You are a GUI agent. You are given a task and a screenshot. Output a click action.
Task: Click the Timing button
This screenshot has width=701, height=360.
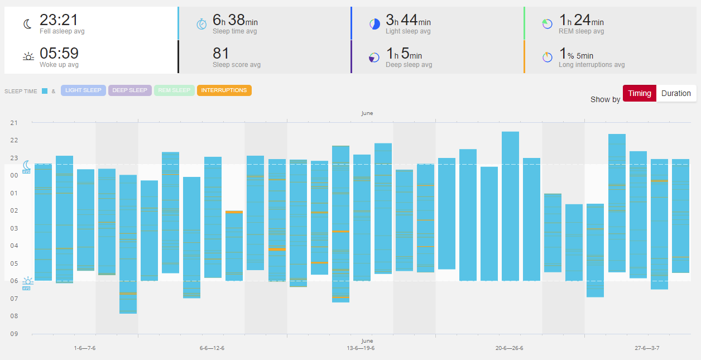pos(640,93)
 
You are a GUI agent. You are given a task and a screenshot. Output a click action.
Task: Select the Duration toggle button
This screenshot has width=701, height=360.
pos(676,93)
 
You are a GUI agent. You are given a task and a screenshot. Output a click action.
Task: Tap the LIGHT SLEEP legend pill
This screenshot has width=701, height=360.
pos(83,90)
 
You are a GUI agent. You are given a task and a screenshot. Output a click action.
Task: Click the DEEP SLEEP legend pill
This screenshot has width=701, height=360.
pos(130,90)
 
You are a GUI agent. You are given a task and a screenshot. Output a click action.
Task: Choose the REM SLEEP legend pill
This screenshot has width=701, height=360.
pos(174,90)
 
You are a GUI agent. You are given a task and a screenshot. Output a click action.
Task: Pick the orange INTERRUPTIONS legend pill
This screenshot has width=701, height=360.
pos(224,90)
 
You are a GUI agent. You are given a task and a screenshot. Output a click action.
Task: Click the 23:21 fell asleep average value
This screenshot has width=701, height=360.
pos(59,21)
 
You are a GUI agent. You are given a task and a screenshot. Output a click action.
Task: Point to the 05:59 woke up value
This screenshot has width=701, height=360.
pos(59,54)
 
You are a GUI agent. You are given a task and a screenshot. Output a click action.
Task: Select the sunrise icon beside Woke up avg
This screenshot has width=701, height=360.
pos(28,57)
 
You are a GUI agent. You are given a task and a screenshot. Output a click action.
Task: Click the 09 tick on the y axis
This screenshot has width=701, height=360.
pos(14,334)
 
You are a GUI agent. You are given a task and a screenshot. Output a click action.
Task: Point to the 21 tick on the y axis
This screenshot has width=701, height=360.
pos(14,123)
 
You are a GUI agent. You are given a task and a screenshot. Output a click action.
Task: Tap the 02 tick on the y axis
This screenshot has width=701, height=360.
pos(14,210)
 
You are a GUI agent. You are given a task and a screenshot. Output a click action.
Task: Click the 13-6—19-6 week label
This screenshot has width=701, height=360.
pos(361,348)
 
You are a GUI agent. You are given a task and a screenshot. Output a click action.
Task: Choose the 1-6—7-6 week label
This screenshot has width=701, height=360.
pos(85,348)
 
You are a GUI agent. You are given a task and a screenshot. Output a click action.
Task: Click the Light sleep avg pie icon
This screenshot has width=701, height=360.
pos(374,24)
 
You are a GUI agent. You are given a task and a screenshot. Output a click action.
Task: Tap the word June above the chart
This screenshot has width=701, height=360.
pos(367,113)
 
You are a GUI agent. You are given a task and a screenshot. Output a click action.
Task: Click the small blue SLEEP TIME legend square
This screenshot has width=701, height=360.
pos(45,91)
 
